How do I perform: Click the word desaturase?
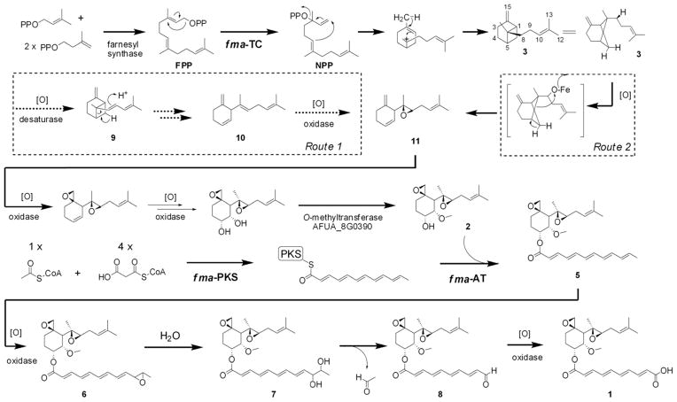(42, 137)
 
